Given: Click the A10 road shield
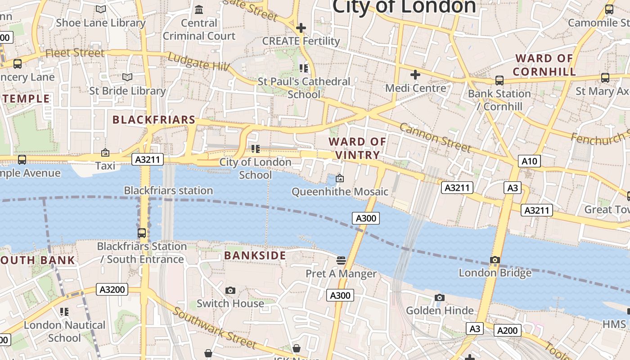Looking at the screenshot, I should (x=529, y=161).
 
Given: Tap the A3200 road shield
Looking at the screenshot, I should (x=112, y=289).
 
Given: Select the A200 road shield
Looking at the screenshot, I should (x=507, y=330).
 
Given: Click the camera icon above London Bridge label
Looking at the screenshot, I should (x=495, y=260).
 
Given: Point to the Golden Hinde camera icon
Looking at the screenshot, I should (x=440, y=297).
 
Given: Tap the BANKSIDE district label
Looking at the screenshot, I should (x=255, y=256).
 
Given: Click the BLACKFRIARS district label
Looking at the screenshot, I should (x=154, y=120).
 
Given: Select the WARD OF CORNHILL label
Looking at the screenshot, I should (x=544, y=65).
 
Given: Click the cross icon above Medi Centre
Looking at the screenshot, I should (x=415, y=75).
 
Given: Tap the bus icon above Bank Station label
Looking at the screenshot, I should (x=499, y=81).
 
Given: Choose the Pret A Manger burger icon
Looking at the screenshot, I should (x=341, y=260).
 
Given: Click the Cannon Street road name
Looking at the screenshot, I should (x=435, y=137).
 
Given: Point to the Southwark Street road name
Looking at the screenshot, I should (x=215, y=327).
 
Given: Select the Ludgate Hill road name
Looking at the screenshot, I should (x=198, y=62).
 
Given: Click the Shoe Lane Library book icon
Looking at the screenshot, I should (x=101, y=9).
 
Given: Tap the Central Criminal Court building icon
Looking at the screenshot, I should (x=199, y=9).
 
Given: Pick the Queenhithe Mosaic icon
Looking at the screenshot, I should (x=340, y=179).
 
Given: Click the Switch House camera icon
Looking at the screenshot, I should (x=230, y=290).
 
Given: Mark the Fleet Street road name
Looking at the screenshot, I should (x=75, y=53).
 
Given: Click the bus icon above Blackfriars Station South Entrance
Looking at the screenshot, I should (x=142, y=233).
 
